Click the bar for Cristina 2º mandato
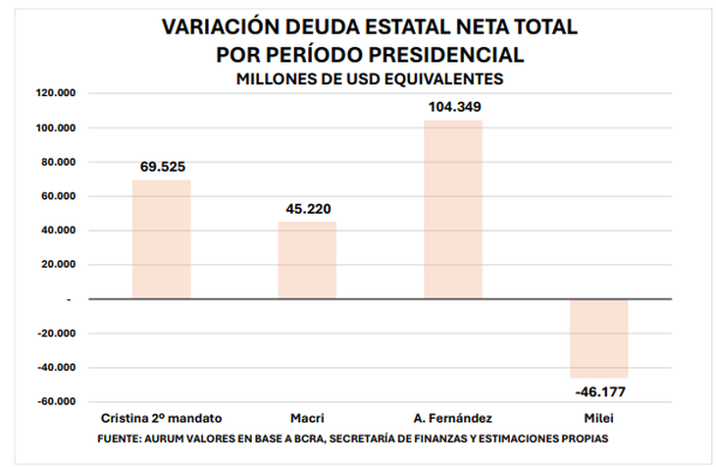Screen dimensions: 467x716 tap(161, 239)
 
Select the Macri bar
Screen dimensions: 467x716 tap(307, 260)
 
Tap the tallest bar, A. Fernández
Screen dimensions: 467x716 tap(453, 210)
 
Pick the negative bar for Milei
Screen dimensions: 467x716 tap(598, 338)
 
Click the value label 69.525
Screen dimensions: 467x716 tap(162, 166)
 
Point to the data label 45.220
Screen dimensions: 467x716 tap(307, 208)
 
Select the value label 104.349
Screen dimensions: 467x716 tap(453, 107)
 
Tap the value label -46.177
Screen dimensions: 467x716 tap(598, 392)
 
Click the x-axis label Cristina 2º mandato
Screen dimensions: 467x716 tap(162, 418)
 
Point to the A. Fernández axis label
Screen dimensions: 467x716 tap(453, 418)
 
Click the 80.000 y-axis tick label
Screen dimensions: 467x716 tap(60, 162)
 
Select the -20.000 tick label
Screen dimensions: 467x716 tap(58, 334)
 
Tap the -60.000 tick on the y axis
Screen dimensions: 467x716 tap(58, 401)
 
